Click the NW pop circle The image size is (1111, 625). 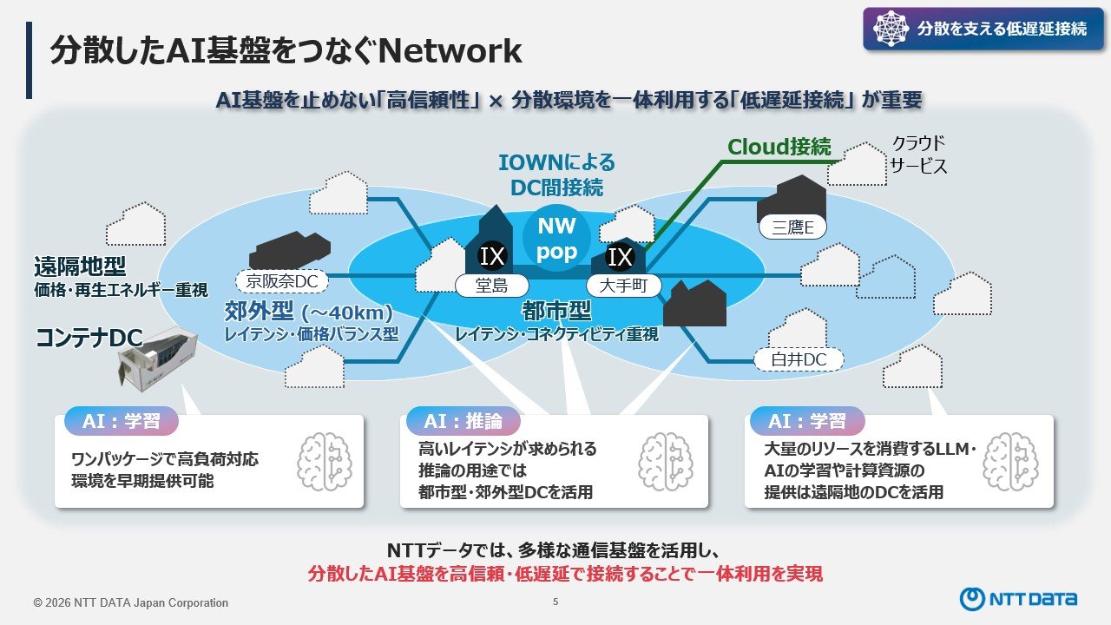click(556, 238)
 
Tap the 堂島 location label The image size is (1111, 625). click(491, 286)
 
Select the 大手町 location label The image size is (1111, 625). click(623, 286)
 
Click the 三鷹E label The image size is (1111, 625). click(792, 227)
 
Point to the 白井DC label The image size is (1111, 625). click(799, 359)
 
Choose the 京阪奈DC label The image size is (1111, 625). click(282, 281)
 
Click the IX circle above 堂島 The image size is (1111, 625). click(492, 256)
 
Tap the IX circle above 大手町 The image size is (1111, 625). click(620, 256)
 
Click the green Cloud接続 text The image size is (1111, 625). click(779, 147)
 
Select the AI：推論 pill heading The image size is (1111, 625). click(463, 421)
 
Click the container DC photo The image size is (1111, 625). click(157, 359)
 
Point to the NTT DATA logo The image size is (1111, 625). click(1018, 599)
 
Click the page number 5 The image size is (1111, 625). click(555, 602)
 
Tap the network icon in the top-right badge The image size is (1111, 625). click(891, 29)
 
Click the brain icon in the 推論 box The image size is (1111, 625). click(665, 461)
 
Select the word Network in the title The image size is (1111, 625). click(450, 51)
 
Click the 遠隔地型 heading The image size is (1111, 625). click(80, 266)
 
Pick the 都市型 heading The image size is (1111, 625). click(556, 311)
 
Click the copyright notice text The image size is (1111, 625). click(131, 602)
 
